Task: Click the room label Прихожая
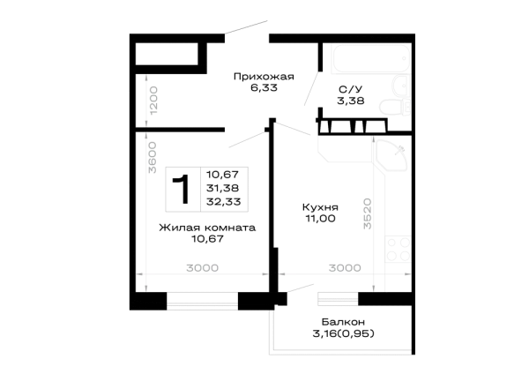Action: tap(264, 77)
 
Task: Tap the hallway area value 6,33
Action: tap(264, 87)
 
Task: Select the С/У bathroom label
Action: tap(351, 89)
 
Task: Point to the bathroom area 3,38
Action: tap(351, 101)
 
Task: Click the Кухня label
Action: tap(320, 207)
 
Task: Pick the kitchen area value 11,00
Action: tap(321, 219)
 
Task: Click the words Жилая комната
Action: tap(207, 228)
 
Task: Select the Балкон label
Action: tap(343, 322)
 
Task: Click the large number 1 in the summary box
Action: tap(182, 189)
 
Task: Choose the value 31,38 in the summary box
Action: tap(223, 188)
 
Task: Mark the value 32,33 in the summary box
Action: tap(224, 202)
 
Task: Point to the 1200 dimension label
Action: tap(153, 101)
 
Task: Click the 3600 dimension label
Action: tap(153, 158)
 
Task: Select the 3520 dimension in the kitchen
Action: tap(367, 214)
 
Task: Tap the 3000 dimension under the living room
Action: tap(203, 268)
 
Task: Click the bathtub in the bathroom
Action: tap(371, 58)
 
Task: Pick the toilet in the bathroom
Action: tap(395, 108)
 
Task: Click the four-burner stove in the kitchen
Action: tap(399, 249)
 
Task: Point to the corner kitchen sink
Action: tap(392, 154)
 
